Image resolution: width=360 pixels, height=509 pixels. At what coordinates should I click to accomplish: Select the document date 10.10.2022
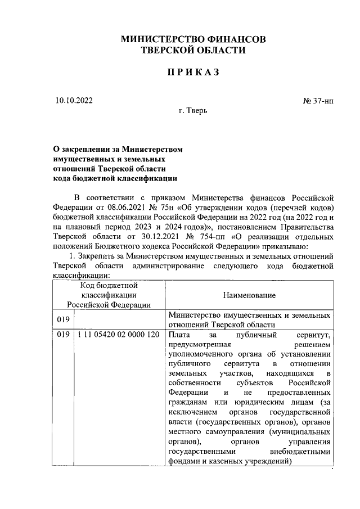(x=74, y=101)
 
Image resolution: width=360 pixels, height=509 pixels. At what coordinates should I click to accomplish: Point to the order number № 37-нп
(x=318, y=101)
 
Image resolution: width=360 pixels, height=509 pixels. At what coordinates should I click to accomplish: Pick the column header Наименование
(x=249, y=294)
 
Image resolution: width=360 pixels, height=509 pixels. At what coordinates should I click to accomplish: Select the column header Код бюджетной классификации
(x=108, y=294)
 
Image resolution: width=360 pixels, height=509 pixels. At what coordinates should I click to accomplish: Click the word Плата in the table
(x=180, y=336)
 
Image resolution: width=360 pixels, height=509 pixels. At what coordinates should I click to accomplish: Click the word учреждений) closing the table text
(x=265, y=461)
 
